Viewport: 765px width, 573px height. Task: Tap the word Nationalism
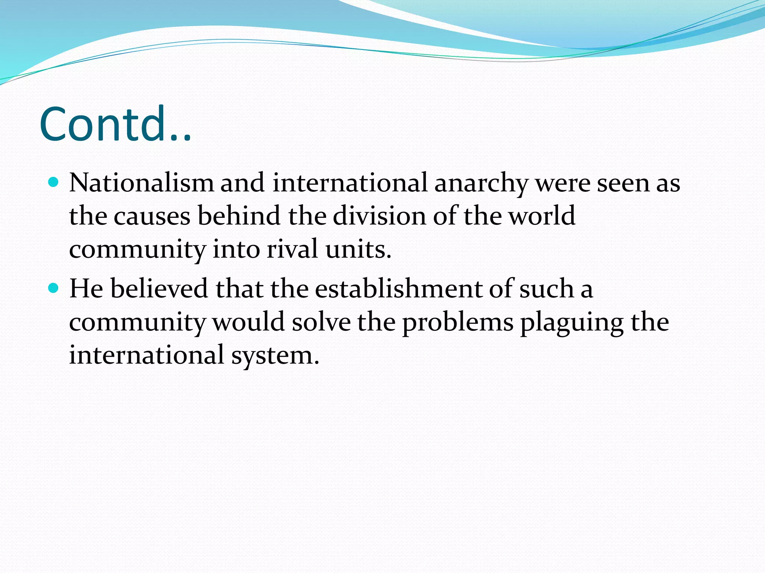(x=142, y=183)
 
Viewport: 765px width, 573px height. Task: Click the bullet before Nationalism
(x=54, y=182)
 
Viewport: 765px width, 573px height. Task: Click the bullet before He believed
(x=54, y=288)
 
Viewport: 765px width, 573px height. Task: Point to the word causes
(x=152, y=216)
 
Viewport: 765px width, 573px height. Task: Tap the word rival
(x=292, y=249)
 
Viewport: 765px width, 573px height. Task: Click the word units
(x=358, y=249)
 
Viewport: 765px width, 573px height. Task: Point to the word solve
(x=321, y=322)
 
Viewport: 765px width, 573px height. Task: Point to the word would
(x=248, y=322)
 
